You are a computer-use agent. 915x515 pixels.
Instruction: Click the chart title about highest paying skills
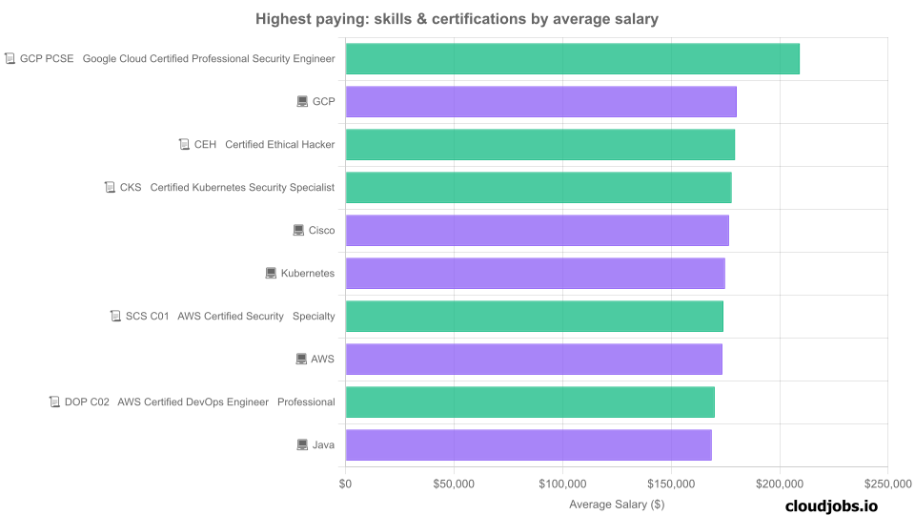click(457, 19)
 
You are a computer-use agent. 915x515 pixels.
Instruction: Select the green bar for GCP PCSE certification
click(572, 59)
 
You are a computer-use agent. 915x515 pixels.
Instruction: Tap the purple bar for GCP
click(540, 102)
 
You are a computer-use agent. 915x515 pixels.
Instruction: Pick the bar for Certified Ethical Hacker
click(539, 145)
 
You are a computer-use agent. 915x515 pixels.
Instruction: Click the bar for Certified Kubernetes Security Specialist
click(538, 188)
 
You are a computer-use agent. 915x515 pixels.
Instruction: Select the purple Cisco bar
click(537, 231)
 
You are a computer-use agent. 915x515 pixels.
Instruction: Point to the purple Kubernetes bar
click(535, 274)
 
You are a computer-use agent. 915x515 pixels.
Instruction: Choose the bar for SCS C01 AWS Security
click(534, 317)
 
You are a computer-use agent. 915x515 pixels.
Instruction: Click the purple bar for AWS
click(533, 360)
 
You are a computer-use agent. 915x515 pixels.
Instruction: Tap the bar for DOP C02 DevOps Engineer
click(529, 402)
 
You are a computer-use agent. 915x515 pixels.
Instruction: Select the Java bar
click(528, 445)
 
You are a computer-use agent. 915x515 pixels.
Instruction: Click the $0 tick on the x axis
click(346, 484)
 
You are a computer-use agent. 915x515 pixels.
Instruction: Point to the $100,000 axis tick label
click(562, 484)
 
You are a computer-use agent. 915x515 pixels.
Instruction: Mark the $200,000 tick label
click(780, 484)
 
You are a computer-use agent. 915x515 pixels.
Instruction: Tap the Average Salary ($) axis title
click(617, 504)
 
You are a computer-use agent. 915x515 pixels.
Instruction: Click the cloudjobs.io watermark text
click(831, 506)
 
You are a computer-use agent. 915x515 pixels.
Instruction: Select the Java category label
click(323, 445)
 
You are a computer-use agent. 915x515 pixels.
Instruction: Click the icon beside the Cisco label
click(299, 231)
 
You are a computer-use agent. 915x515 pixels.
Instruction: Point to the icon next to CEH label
click(184, 145)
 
